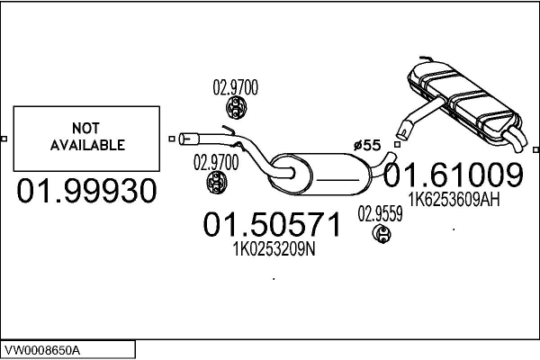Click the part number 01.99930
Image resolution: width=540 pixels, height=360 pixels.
86,191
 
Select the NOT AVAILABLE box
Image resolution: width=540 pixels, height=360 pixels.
86,139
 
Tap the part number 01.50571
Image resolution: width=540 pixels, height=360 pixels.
272,225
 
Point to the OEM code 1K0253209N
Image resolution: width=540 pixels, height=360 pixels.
274,248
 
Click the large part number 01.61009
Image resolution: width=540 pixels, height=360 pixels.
454,175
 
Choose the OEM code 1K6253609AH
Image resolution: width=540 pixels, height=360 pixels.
454,199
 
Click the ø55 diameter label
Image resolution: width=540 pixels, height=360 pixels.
367,146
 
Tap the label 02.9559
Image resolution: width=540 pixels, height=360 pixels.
380,214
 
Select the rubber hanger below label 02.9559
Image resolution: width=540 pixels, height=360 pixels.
382,234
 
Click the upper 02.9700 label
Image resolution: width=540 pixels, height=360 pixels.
235,87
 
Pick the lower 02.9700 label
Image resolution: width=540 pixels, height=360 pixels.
216,162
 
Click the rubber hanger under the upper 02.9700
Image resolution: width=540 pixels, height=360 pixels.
235,108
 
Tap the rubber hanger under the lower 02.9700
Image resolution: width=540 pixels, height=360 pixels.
217,182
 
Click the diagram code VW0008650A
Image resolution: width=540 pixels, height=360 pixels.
42,351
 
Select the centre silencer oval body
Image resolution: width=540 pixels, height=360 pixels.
320,175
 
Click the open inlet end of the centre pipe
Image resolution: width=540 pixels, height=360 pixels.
184,139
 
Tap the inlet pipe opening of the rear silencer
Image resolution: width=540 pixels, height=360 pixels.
402,132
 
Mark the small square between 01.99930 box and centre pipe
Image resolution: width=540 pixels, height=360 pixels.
172,139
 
